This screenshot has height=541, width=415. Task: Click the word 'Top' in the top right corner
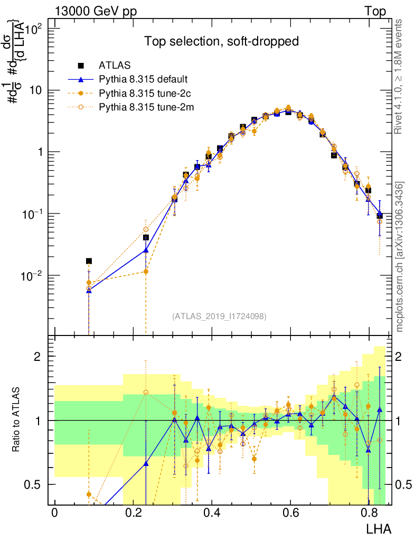(x=374, y=12)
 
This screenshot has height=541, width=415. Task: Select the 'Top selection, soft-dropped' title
(x=222, y=42)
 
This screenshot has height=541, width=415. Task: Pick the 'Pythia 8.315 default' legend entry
(x=143, y=80)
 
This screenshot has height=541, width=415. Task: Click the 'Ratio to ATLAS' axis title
(x=17, y=421)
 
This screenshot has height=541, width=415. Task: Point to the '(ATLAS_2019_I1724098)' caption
(x=219, y=316)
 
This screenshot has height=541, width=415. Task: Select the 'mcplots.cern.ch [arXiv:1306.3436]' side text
(x=400, y=257)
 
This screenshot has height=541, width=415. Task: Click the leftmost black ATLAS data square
(x=89, y=261)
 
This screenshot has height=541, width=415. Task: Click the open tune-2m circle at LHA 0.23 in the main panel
(x=146, y=229)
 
